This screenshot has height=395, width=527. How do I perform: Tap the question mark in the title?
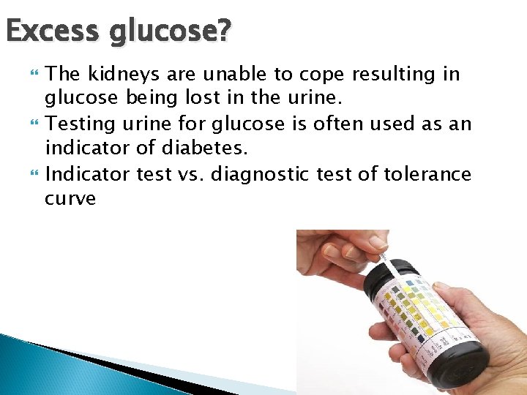(223, 31)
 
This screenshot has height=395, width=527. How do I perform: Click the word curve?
(70, 198)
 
